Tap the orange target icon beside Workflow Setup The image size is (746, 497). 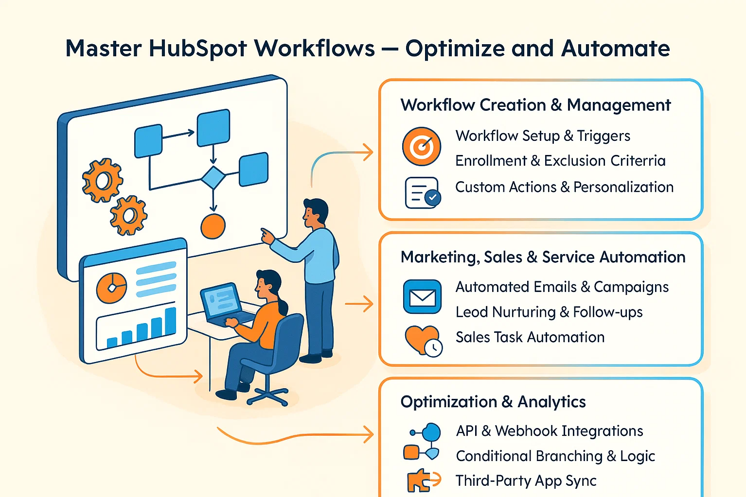[422, 146]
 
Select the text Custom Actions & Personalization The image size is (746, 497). [564, 187]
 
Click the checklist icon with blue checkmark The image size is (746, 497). [422, 193]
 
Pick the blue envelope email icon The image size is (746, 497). [422, 297]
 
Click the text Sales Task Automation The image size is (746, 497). [530, 337]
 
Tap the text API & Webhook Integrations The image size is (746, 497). [549, 431]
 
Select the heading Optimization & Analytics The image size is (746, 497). [493, 402]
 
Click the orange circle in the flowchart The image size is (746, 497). [213, 226]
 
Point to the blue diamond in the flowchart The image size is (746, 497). [213, 177]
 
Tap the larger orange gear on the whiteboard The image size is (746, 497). [102, 180]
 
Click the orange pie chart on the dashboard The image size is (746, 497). [111, 288]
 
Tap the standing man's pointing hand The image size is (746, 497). [266, 236]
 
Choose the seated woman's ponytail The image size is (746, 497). [282, 306]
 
